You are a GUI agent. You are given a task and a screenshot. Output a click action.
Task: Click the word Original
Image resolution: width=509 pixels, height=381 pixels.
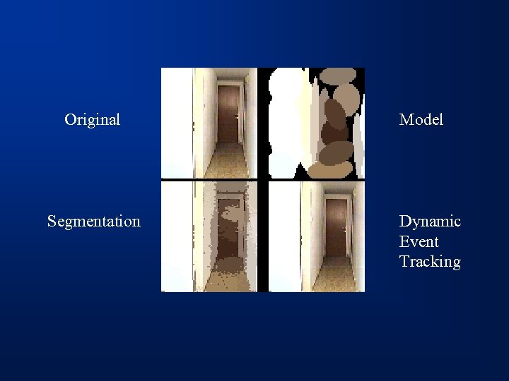[92, 119]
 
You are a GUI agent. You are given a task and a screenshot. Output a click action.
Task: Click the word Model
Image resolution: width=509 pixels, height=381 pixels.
[421, 120]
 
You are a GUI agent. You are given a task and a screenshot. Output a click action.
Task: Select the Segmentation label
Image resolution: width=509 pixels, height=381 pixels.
[93, 222]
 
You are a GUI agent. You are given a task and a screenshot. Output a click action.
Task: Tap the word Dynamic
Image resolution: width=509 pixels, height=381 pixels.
[430, 222]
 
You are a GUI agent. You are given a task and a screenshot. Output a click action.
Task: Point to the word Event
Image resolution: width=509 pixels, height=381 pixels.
[419, 241]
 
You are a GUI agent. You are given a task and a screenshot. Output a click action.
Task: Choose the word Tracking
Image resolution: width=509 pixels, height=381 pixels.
[430, 262]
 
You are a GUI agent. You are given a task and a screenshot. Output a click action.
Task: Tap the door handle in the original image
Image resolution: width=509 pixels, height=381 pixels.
[235, 115]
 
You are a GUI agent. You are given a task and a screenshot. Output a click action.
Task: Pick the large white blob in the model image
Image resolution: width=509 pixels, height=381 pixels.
[286, 120]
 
